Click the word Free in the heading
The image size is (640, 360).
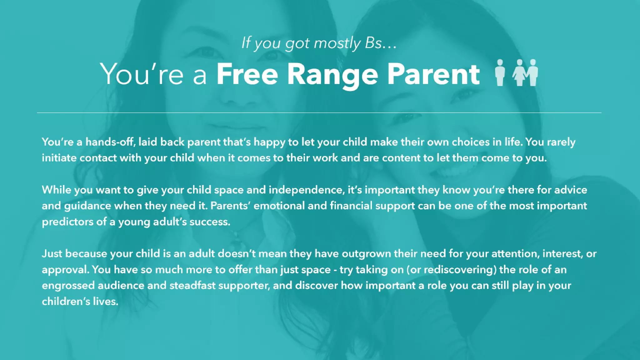tap(247, 74)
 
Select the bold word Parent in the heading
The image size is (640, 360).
tap(433, 74)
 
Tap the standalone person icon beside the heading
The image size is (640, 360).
tap(500, 72)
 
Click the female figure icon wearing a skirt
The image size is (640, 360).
tap(519, 72)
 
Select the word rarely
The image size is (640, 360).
tap(561, 142)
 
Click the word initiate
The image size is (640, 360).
tap(59, 158)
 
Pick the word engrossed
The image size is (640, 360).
tap(68, 286)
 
